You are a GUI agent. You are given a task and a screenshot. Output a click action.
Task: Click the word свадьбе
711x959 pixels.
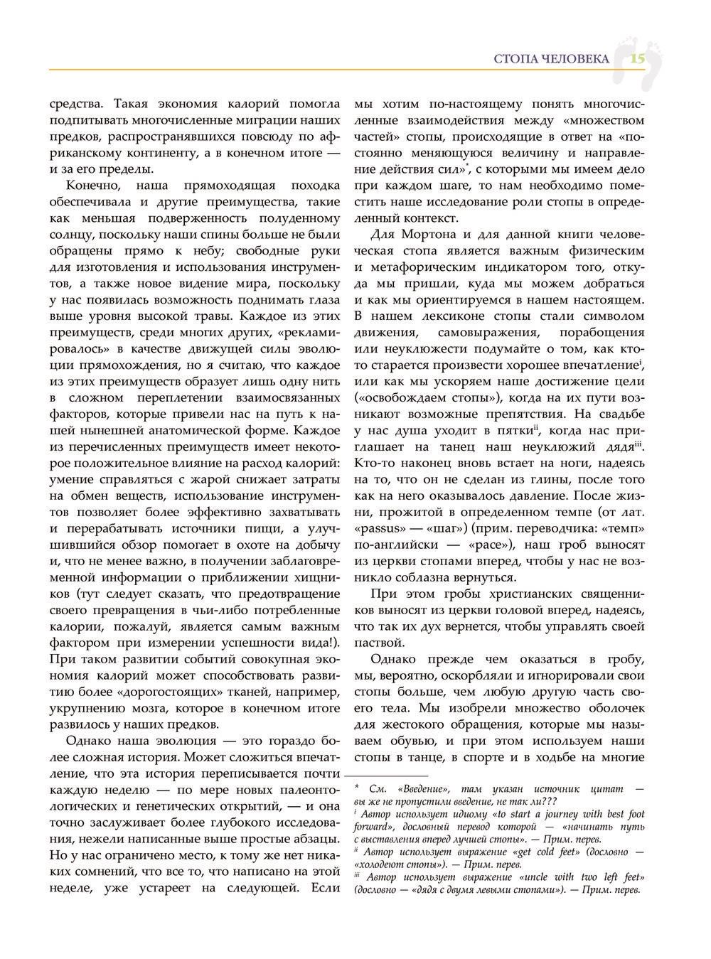pyautogui.click(x=620, y=414)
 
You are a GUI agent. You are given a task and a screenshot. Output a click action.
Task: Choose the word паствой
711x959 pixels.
pyautogui.click(x=379, y=642)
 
